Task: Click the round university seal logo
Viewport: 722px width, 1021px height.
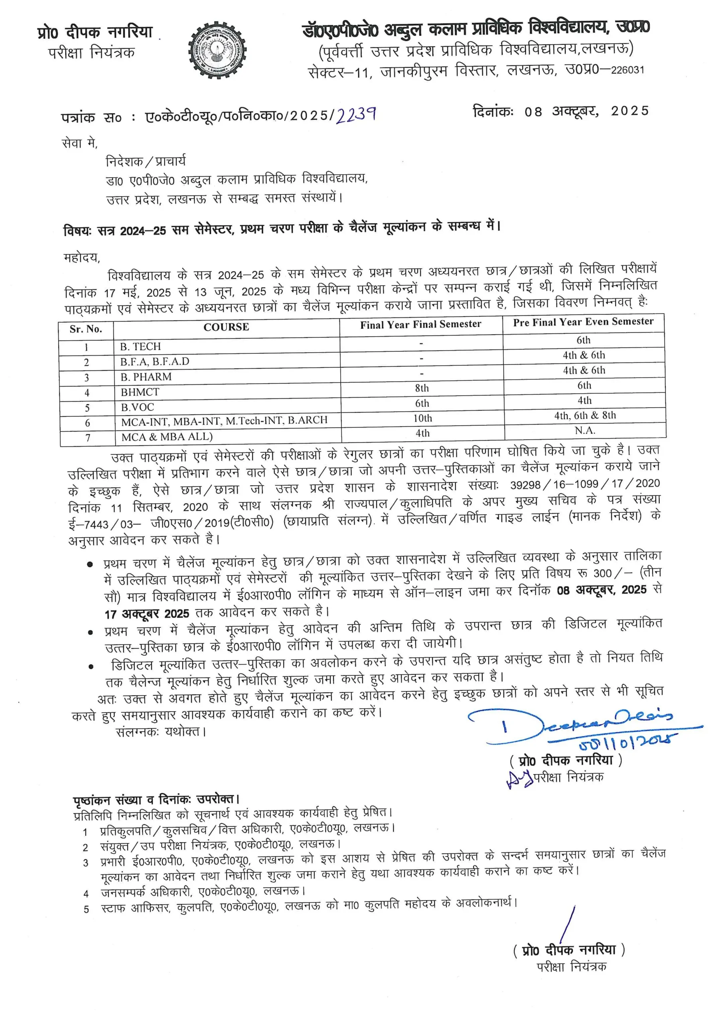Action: pyautogui.click(x=217, y=50)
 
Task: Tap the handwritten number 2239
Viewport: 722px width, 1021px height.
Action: pyautogui.click(x=356, y=115)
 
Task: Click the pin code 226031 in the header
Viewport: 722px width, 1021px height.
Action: pyautogui.click(x=627, y=70)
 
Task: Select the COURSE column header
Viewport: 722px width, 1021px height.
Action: pyautogui.click(x=226, y=327)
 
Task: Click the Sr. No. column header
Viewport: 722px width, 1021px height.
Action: pyautogui.click(x=86, y=329)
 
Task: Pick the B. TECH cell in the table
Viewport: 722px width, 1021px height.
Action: pyautogui.click(x=140, y=347)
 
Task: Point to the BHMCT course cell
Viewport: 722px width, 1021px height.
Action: pyautogui.click(x=140, y=392)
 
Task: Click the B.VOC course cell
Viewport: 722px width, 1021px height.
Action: pyautogui.click(x=138, y=407)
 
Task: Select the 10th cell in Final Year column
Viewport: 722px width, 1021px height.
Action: pyautogui.click(x=422, y=418)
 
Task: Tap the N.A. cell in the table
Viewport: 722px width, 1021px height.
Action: pyautogui.click(x=584, y=430)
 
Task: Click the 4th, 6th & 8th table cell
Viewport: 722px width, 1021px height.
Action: pyautogui.click(x=584, y=415)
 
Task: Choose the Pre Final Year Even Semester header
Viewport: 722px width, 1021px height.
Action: pyautogui.click(x=583, y=322)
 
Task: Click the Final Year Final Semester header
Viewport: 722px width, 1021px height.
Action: pyautogui.click(x=420, y=325)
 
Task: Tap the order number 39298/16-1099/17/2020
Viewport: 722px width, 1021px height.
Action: pyautogui.click(x=584, y=484)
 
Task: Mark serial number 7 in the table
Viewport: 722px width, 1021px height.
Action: pyautogui.click(x=88, y=438)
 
